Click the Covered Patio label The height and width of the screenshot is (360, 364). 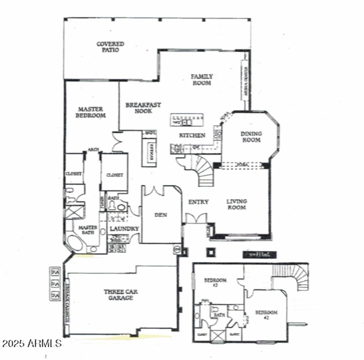(x=110, y=47)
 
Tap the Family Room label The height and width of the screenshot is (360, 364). (x=202, y=80)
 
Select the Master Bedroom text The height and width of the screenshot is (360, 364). (x=91, y=112)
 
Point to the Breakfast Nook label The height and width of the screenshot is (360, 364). (x=143, y=108)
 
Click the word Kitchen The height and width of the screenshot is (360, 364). (x=192, y=135)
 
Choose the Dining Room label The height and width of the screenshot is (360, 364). (x=251, y=137)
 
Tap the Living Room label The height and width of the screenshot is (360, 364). (x=237, y=205)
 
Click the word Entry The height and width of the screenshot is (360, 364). (x=198, y=202)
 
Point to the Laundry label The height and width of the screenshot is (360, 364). (x=124, y=229)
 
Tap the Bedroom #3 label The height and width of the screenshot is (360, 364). (x=215, y=283)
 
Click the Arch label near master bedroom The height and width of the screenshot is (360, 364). (x=94, y=150)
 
